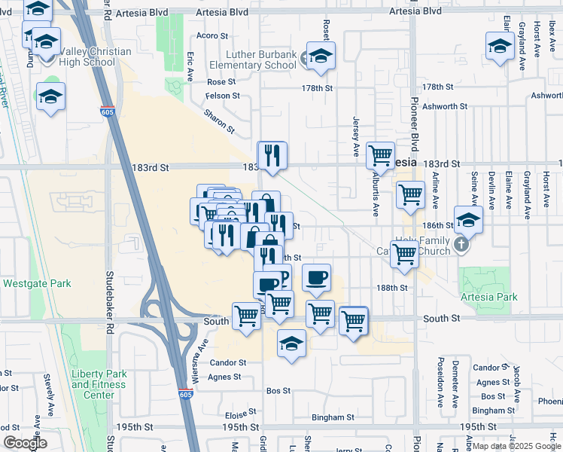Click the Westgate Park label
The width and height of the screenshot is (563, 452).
[x=37, y=284]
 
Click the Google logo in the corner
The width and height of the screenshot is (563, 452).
[x=25, y=443]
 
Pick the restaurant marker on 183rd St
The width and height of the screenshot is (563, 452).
[x=272, y=156]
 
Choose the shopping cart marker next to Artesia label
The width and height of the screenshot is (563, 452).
[x=381, y=156]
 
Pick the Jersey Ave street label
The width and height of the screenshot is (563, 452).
[x=355, y=127]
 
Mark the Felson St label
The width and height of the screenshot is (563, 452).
[x=224, y=96]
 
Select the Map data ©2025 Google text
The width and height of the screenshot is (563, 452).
[x=516, y=446]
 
